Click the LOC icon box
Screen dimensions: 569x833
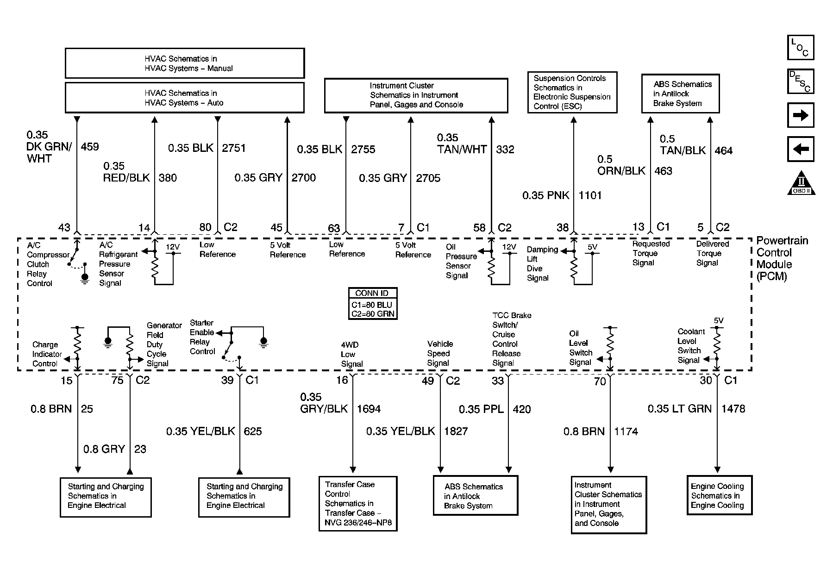point(800,48)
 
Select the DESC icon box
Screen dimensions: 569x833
point(800,81)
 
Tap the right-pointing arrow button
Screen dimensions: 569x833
point(800,115)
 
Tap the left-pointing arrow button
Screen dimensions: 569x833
point(800,149)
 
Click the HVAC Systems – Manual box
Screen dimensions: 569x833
point(185,63)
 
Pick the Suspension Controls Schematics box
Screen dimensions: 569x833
point(572,92)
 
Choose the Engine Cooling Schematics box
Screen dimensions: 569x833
point(719,495)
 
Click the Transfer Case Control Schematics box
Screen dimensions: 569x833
point(358,504)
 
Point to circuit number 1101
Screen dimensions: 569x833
point(590,195)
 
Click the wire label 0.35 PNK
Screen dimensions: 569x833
point(545,195)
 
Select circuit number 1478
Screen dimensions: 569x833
point(733,409)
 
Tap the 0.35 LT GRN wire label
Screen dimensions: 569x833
point(679,409)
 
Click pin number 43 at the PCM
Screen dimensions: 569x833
point(64,227)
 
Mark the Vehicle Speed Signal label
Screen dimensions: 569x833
point(440,353)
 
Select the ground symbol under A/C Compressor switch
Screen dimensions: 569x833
point(85,278)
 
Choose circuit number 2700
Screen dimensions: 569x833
point(304,178)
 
